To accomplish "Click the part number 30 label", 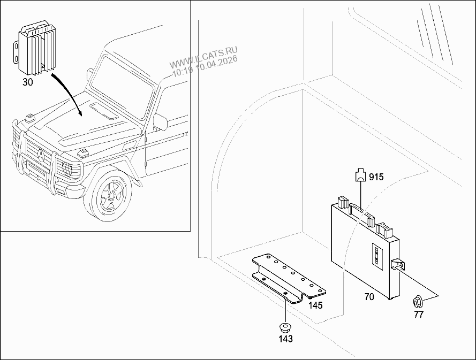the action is pos(28,82).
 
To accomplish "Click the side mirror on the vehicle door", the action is pos(160,121).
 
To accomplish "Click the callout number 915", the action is pos(376,177).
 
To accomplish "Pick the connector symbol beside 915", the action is pos(360,175).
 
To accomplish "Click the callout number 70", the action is pos(369,297).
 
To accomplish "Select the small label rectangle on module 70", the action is pos(377,256).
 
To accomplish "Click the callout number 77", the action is pos(419,315).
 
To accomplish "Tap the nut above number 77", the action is pos(418,302).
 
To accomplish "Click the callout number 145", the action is pos(315,305).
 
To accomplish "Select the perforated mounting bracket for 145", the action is pos(289,278).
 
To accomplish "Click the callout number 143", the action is pos(286,339).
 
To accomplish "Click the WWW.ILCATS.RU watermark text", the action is pos(203,58).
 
